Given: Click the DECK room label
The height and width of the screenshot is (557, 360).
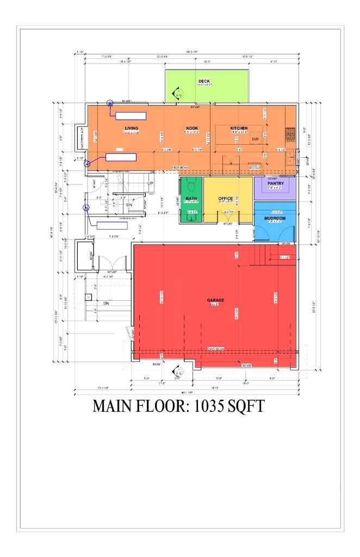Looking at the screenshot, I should click(204, 82).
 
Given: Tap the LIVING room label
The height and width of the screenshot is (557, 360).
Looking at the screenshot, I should click(132, 128).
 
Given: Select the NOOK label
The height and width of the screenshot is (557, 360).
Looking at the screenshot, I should click(191, 128).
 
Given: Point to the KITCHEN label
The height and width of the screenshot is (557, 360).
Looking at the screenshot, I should click(239, 128).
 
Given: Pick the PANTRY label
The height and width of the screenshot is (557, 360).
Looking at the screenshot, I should click(276, 184).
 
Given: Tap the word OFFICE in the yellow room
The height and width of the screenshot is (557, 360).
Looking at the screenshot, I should click(226, 199).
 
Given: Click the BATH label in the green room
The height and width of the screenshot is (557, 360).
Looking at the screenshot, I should click(191, 199).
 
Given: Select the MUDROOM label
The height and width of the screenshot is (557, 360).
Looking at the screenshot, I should click(275, 218).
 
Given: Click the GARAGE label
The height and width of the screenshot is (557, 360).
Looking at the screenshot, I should click(215, 300).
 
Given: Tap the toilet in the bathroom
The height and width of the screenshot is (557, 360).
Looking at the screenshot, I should click(191, 183).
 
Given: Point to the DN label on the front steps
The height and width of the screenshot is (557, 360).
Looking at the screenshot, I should click(107, 304).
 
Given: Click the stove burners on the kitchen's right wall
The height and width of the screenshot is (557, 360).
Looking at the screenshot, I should click(291, 131).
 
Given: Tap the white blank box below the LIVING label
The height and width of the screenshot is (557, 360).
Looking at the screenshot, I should click(121, 157).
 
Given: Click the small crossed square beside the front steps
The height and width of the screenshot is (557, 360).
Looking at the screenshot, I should click(88, 297).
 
